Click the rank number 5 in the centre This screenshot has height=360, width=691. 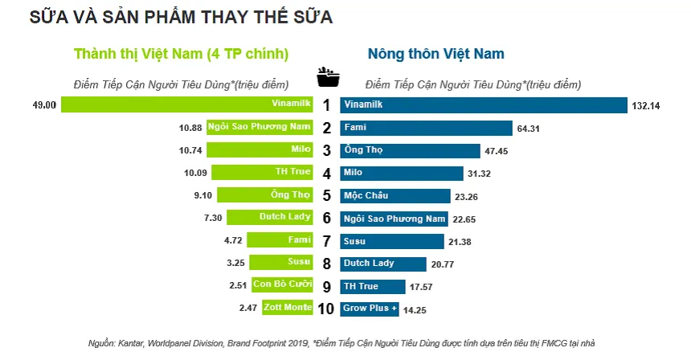[326, 195]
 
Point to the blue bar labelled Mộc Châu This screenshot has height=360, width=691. [395, 195]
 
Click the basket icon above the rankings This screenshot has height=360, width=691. [327, 77]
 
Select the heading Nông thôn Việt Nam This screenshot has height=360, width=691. [435, 54]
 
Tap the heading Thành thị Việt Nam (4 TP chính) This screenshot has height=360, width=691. [181, 54]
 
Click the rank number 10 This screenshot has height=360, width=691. [326, 309]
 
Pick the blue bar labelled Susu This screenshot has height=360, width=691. [391, 240]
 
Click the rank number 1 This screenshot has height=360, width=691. [326, 104]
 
